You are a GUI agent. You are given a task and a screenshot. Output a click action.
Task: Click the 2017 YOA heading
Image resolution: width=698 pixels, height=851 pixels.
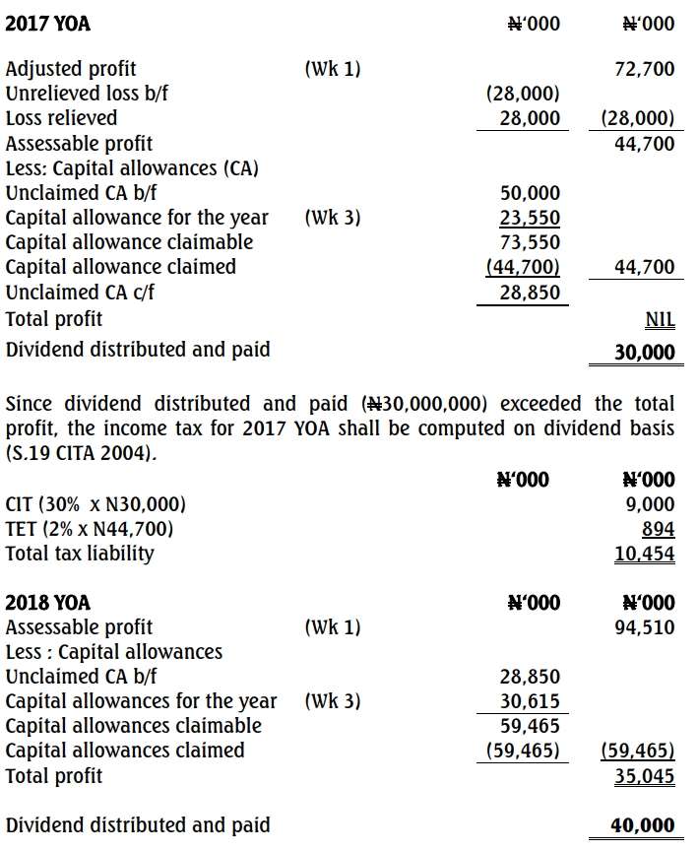point(47,23)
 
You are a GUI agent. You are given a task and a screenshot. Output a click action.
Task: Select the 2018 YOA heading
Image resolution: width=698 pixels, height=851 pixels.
point(47,602)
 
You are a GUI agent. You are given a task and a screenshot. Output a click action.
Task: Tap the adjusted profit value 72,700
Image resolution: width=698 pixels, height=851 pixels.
point(643,69)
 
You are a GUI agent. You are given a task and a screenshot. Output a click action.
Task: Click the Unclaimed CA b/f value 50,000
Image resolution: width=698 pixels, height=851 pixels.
point(530,193)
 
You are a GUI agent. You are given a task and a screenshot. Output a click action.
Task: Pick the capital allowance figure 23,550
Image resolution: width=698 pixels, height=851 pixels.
point(530,218)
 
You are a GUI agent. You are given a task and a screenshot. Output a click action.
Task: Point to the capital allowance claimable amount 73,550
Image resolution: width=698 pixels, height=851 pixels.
point(530,242)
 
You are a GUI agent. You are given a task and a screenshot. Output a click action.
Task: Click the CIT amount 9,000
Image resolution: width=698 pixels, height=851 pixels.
point(651,504)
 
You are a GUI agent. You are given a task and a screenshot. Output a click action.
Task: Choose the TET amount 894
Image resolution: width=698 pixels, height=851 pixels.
point(659,529)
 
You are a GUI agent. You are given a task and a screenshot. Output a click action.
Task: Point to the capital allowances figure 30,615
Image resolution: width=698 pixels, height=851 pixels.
point(530,701)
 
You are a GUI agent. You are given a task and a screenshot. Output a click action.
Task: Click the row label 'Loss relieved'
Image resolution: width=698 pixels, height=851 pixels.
point(61,118)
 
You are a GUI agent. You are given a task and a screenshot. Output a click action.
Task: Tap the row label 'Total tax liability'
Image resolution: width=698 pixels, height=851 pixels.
point(80,554)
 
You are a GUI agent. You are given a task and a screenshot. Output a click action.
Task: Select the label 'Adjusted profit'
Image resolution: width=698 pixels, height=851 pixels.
point(71,69)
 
